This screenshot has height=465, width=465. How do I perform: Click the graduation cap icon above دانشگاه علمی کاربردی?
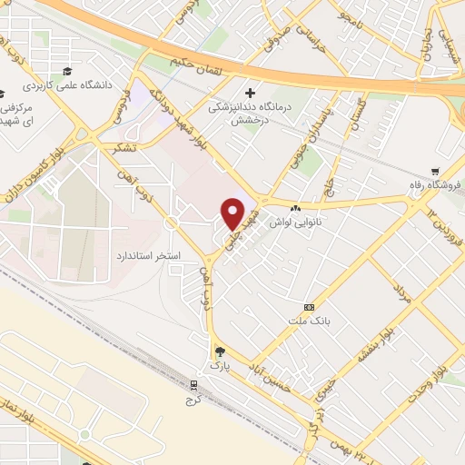(x=66, y=71)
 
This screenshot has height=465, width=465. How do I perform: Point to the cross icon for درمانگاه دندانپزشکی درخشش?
(x=251, y=92)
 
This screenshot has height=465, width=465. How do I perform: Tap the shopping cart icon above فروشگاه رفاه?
(x=435, y=171)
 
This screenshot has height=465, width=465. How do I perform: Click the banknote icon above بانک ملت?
(x=309, y=307)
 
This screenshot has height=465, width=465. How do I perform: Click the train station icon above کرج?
(x=192, y=384)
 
